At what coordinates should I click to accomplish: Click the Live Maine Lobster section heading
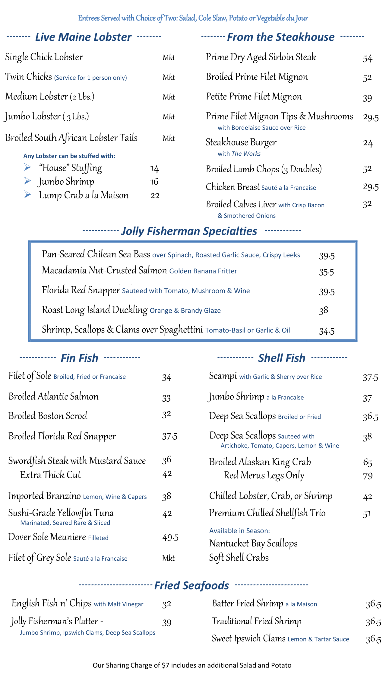(x=83, y=37)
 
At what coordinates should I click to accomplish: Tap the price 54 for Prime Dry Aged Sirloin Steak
(x=368, y=58)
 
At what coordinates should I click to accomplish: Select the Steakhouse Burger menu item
(x=241, y=142)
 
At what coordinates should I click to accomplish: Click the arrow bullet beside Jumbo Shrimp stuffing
(x=27, y=181)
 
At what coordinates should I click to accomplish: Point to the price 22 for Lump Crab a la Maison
(x=155, y=196)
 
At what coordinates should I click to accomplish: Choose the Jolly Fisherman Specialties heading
(x=189, y=231)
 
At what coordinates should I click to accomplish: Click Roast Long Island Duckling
(x=95, y=310)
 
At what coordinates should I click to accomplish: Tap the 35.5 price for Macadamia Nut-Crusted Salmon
(x=327, y=272)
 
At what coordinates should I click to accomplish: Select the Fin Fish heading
(x=79, y=358)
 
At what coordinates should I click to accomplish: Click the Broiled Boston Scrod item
(x=48, y=416)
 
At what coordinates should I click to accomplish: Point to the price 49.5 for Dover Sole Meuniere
(x=170, y=537)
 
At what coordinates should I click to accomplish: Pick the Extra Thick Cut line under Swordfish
(x=51, y=475)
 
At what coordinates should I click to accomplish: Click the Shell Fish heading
(x=282, y=358)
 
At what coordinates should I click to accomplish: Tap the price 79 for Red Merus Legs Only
(x=368, y=476)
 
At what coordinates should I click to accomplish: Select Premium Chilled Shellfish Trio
(x=267, y=513)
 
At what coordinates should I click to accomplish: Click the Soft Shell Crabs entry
(x=239, y=558)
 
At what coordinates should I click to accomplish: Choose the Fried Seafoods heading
(x=191, y=585)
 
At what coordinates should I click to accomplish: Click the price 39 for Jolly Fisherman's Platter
(x=167, y=622)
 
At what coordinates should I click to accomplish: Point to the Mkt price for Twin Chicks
(x=169, y=77)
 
